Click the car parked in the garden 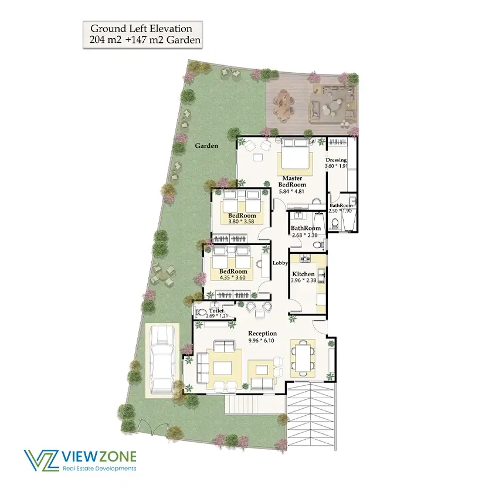[162, 359]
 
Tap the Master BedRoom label [292, 182]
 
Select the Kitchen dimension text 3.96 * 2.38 [303, 280]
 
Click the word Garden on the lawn [206, 146]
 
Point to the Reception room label [263, 334]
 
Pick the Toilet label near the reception [216, 311]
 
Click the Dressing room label [336, 160]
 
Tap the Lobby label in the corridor [280, 263]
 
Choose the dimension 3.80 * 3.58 [241, 222]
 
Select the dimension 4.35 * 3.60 [232, 278]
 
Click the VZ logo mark [41, 460]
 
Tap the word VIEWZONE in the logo [99, 457]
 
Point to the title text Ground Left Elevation [141, 29]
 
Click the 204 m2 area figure [105, 40]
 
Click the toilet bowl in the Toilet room [201, 313]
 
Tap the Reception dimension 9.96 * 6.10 [262, 341]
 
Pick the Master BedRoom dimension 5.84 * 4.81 [291, 191]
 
